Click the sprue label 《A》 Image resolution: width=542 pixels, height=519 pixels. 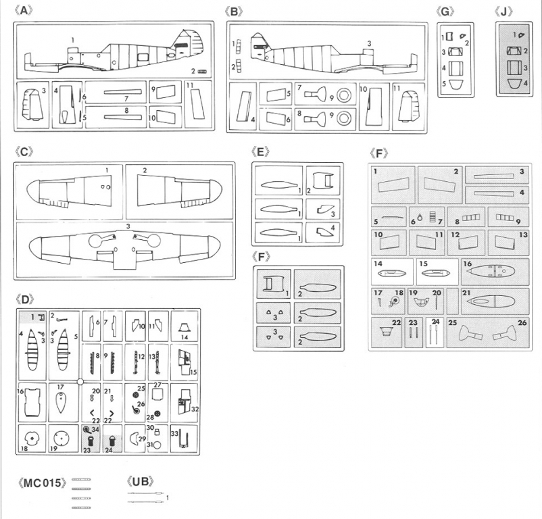23,11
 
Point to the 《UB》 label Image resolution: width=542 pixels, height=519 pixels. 141,482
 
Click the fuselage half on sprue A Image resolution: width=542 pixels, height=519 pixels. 115,54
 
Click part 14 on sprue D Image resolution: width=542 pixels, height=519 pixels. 184,329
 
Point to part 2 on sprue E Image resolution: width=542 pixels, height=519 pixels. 322,181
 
